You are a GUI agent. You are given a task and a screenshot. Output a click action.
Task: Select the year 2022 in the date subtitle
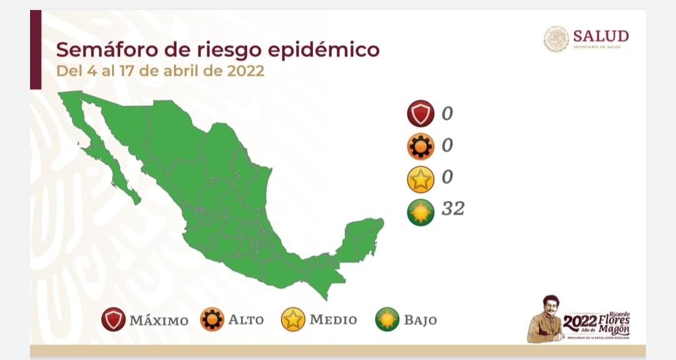pyautogui.click(x=240, y=71)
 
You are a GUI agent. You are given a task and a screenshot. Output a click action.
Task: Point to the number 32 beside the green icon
pyautogui.click(x=453, y=208)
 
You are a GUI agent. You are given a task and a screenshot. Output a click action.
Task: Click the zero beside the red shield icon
pyautogui.click(x=447, y=114)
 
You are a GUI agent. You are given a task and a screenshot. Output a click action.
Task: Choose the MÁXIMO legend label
pyautogui.click(x=158, y=321)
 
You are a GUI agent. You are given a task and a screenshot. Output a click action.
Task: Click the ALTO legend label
pyautogui.click(x=245, y=320)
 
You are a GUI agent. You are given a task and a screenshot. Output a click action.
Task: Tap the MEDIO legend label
pyautogui.click(x=333, y=320)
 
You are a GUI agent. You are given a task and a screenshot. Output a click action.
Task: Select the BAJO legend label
pyautogui.click(x=420, y=321)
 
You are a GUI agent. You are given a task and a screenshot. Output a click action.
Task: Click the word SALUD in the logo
pyautogui.click(x=600, y=36)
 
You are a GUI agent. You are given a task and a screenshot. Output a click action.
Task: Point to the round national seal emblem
pyautogui.click(x=556, y=39)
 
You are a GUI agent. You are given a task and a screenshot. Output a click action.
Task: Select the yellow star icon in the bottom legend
pyautogui.click(x=292, y=320)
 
